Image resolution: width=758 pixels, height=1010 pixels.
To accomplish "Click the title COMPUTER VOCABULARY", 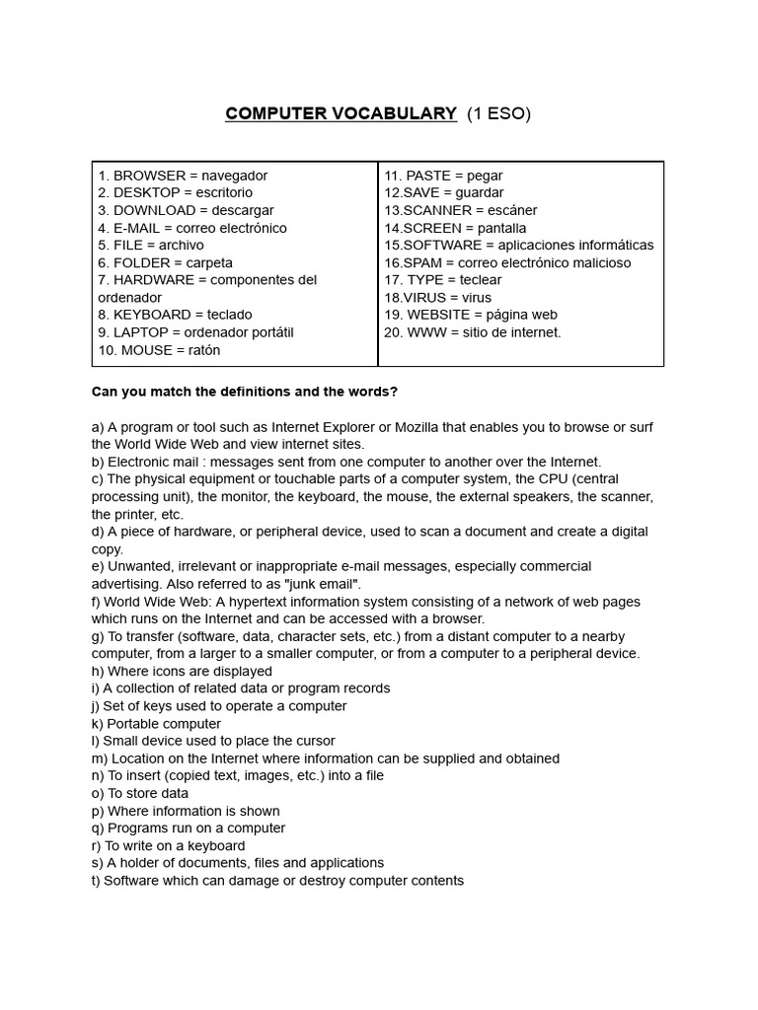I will [341, 113].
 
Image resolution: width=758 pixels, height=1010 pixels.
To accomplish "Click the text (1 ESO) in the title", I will [498, 113].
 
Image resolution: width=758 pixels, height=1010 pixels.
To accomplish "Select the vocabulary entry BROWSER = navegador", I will [183, 176].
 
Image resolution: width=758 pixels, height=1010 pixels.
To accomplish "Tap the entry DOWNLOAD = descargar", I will [186, 210].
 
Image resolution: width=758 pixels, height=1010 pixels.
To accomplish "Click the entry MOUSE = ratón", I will [159, 350].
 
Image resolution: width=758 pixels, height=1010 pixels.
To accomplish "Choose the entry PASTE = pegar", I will [443, 176].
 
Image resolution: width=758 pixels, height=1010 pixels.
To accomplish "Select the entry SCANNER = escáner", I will [461, 210].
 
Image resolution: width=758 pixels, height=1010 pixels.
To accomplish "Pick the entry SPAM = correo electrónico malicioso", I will [507, 262].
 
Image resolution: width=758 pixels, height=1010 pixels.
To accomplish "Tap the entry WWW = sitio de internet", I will [473, 332].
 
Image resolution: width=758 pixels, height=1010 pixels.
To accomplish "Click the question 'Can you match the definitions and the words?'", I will [245, 392].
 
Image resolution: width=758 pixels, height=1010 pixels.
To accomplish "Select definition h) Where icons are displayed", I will [182, 671].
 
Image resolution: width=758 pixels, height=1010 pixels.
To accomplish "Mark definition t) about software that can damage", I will [277, 880].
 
